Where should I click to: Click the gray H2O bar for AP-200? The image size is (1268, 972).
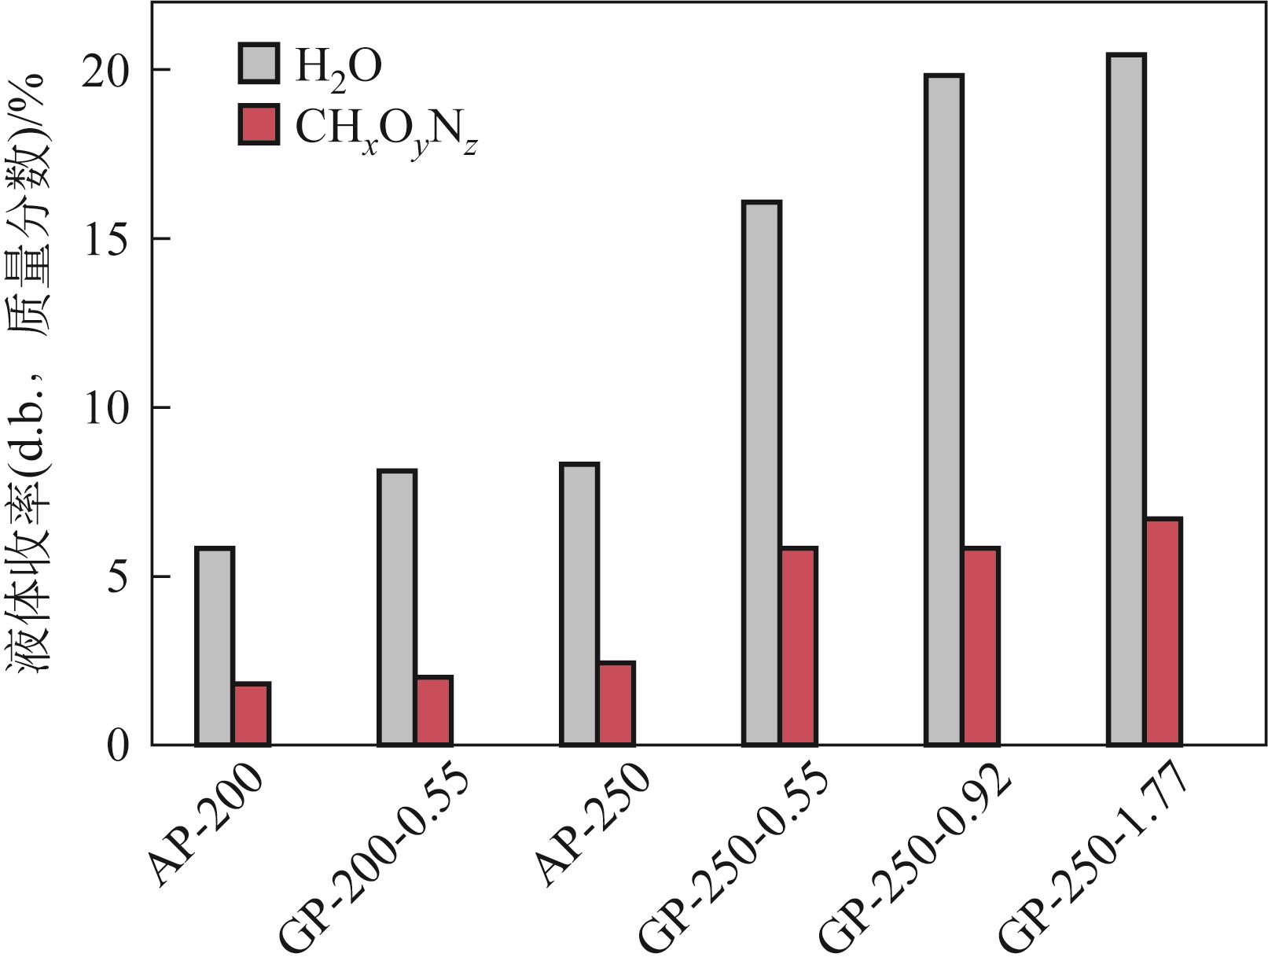(x=215, y=646)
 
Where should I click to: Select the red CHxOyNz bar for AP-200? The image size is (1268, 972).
(x=252, y=714)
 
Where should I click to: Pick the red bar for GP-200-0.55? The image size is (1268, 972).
(x=434, y=710)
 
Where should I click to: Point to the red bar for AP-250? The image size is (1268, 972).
(x=616, y=703)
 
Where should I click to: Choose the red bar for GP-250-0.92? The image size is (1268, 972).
(x=981, y=646)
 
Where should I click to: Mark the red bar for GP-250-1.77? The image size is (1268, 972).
(x=1163, y=631)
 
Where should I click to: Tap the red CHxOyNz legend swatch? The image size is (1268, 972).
(x=259, y=125)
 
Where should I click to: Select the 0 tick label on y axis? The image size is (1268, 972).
(x=117, y=745)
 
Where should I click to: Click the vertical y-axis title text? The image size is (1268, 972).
(x=30, y=374)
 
